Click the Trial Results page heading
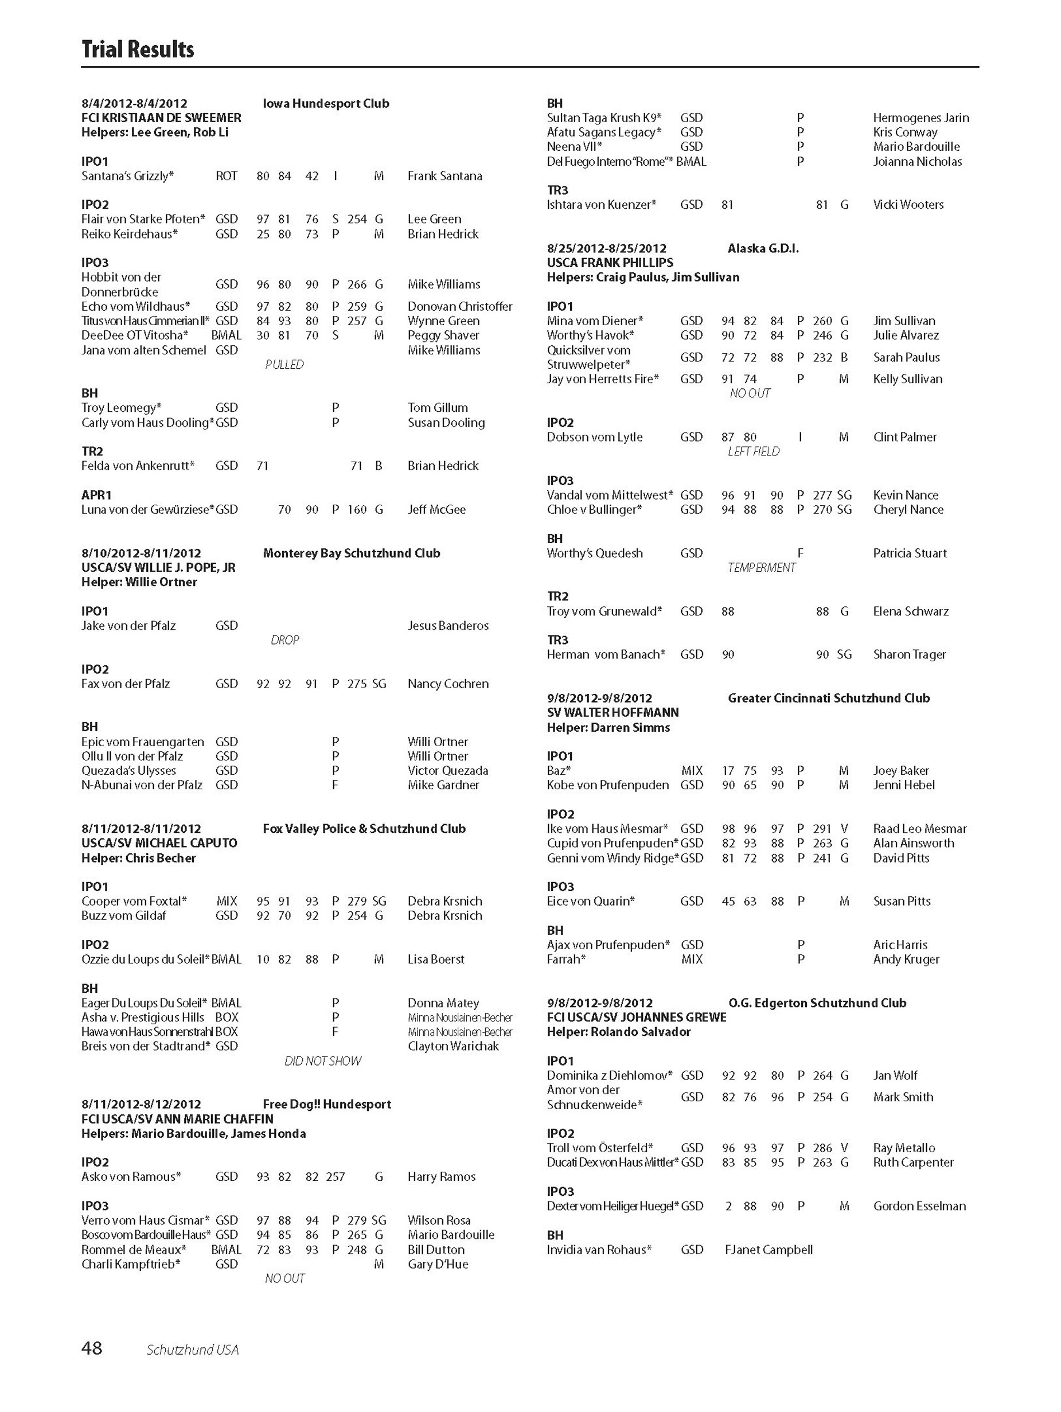(x=137, y=49)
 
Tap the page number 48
(x=92, y=1348)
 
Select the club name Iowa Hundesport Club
(x=326, y=103)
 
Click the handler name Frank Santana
(x=444, y=175)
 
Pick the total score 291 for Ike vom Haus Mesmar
(x=822, y=829)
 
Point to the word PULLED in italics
(x=284, y=365)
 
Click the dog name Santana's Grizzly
(x=127, y=175)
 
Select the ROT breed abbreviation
(x=226, y=175)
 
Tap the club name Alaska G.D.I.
(x=762, y=248)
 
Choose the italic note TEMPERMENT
(x=761, y=567)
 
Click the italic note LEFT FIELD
(x=753, y=451)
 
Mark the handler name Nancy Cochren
(x=447, y=684)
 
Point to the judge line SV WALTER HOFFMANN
(x=612, y=712)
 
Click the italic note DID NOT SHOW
(x=322, y=1061)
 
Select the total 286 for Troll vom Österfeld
(x=822, y=1148)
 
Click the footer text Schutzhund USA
(x=192, y=1349)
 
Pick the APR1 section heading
(x=96, y=495)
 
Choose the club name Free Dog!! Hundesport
(x=327, y=1105)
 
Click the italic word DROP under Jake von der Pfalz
(x=284, y=639)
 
